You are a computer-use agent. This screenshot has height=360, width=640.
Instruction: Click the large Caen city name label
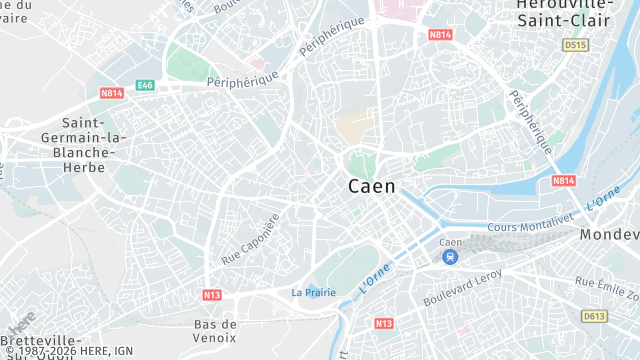coord(372,186)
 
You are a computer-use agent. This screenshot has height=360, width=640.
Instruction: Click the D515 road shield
coord(574,45)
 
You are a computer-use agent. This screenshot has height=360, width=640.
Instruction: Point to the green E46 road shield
coord(146,86)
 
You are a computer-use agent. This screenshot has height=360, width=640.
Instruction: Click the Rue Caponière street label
coord(249,239)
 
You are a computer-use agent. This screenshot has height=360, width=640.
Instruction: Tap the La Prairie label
coord(314,292)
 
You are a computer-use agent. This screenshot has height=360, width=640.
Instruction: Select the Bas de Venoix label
coord(215,330)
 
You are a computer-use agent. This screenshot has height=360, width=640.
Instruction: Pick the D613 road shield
coord(594,316)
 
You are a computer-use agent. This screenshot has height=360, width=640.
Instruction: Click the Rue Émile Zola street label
coord(608,290)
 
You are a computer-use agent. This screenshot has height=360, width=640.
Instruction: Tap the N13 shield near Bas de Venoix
coord(212,295)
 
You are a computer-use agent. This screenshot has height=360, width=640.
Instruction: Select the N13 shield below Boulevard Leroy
coord(384,324)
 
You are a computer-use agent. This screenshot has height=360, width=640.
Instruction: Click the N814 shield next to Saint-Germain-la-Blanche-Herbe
coord(111,93)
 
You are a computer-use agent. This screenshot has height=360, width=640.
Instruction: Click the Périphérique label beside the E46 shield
coord(242,80)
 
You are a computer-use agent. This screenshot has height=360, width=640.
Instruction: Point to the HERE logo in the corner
coord(21,322)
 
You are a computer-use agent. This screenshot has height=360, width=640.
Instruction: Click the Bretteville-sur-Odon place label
coord(36,346)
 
